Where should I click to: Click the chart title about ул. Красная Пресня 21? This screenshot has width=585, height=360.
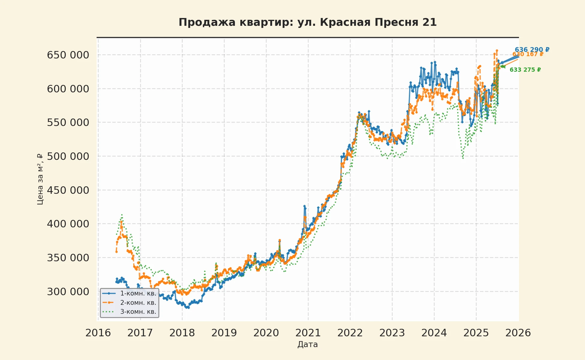(307, 22)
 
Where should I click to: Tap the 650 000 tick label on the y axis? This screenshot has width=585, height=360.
(68, 55)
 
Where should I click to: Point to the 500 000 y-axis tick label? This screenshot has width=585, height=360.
(68, 157)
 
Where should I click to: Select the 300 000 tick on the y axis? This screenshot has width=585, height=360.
(68, 292)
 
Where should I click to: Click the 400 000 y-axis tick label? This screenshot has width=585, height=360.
(68, 224)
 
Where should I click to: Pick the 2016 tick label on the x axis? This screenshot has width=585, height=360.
(98, 333)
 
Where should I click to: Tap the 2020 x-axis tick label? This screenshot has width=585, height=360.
(266, 333)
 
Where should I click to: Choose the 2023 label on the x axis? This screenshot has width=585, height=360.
(392, 333)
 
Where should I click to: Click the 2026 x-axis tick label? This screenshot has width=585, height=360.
(518, 333)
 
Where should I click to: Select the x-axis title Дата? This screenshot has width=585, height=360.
(307, 344)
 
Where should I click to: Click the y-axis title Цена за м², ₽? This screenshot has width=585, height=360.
(40, 179)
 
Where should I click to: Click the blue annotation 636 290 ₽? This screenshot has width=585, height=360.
(532, 50)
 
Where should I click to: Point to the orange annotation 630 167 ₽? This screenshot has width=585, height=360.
(528, 54)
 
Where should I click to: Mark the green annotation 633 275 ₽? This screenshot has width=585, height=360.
(525, 70)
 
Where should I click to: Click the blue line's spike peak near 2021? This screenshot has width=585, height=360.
(304, 206)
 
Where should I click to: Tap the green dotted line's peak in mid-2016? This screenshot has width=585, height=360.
(122, 215)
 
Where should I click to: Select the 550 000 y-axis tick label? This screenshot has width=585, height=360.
(68, 123)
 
